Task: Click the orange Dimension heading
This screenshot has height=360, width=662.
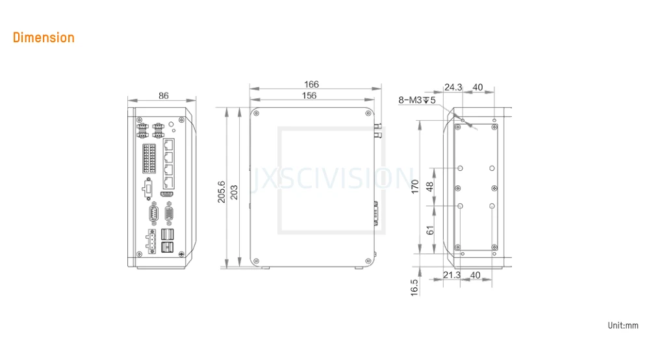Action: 44,38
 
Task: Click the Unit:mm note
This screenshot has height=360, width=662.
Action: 623,326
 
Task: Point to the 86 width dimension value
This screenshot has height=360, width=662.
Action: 164,96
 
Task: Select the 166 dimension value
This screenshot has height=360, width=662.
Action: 312,84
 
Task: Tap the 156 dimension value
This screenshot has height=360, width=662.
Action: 309,96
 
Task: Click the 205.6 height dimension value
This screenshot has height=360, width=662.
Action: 222,192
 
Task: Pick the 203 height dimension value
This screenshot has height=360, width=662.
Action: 234,192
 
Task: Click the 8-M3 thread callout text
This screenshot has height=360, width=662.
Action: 416,100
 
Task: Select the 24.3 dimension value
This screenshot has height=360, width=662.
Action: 453,87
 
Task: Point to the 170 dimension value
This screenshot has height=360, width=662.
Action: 414,186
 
